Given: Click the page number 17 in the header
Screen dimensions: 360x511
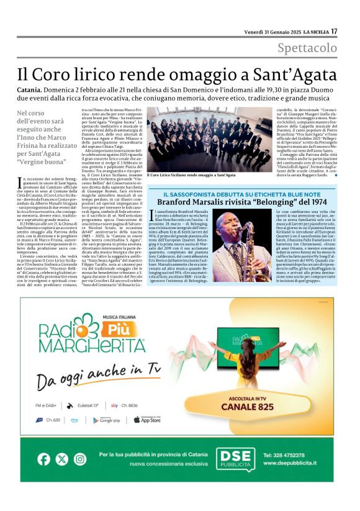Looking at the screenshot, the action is tap(334, 31).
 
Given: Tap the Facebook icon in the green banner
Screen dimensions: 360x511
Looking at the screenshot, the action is tap(43, 459).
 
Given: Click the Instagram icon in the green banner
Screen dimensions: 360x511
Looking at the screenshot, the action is tap(80, 459).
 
